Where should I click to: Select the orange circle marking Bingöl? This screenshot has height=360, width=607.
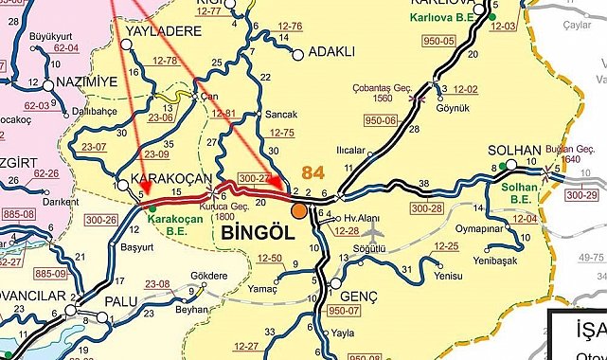[299, 211]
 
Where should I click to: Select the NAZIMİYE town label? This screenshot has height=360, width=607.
[85, 82]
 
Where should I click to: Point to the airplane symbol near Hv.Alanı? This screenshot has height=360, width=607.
[373, 230]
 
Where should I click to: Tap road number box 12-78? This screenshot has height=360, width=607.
[165, 60]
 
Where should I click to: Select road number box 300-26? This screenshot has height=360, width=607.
[98, 218]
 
